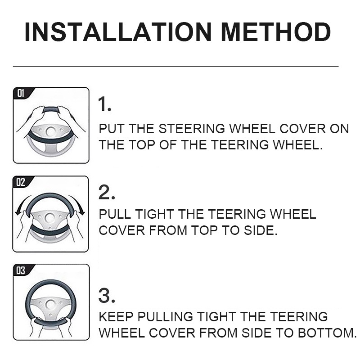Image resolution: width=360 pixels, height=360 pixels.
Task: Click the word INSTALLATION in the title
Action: pyautogui.click(x=118, y=32)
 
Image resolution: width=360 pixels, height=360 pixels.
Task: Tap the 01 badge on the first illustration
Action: pyautogui.click(x=21, y=94)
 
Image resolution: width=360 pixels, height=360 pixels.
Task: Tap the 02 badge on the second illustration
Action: pyautogui.click(x=20, y=182)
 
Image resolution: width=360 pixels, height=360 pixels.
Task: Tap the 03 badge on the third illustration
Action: pyautogui.click(x=21, y=271)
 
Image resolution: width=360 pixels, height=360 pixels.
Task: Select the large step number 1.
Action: pyautogui.click(x=104, y=104)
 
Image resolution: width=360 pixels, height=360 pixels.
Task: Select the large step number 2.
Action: pyautogui.click(x=106, y=193)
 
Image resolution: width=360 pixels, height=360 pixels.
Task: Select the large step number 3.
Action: pyautogui.click(x=107, y=296)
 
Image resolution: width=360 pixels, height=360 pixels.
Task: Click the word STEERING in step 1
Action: pyautogui.click(x=192, y=128)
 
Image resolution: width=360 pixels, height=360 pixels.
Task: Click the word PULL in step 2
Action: pyautogui.click(x=115, y=214)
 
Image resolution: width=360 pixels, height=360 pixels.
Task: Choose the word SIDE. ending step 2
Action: pyautogui.click(x=261, y=230)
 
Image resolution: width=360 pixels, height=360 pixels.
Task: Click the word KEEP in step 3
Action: pyautogui.click(x=116, y=316)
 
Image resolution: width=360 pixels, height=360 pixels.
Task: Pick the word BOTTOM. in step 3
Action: pyautogui.click(x=327, y=333)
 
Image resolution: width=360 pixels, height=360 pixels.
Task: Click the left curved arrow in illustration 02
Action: pyautogui.click(x=21, y=204)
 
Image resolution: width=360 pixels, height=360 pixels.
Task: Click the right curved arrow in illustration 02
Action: pyautogui.click(x=78, y=204)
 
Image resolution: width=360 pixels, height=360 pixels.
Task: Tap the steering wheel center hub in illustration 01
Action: pyautogui.click(x=50, y=131)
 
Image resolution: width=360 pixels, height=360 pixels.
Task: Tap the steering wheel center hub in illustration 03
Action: pyautogui.click(x=50, y=305)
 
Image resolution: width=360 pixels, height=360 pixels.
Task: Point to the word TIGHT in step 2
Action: pyautogui.click(x=154, y=214)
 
